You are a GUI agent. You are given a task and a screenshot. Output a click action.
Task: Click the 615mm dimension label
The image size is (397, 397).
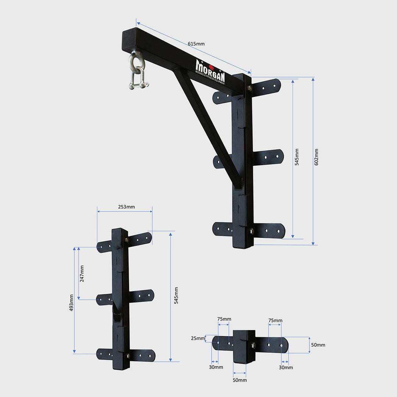[196, 44]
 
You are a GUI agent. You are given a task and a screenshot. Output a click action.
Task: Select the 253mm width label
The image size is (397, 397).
[126, 207]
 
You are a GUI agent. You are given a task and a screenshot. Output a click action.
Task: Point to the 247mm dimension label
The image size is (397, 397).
[82, 273]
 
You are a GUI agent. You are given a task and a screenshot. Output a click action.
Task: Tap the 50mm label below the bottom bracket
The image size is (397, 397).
[240, 380]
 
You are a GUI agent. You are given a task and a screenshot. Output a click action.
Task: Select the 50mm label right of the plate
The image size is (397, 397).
[318, 345]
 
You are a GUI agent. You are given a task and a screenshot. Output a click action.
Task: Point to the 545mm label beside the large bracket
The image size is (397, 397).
[297, 157]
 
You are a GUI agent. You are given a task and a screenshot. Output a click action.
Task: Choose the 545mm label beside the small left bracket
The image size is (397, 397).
[176, 295]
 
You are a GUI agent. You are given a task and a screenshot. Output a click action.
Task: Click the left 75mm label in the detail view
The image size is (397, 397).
[224, 319]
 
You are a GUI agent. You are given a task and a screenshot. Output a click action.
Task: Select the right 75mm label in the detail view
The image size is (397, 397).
[275, 321]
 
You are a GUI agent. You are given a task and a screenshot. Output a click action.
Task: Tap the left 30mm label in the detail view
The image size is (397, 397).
[216, 367]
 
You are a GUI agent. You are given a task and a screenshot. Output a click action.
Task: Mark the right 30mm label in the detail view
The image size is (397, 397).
[286, 367]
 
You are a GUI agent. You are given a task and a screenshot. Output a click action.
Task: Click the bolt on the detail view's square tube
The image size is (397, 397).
[253, 345]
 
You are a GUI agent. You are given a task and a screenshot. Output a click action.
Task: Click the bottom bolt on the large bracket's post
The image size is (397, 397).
[252, 231]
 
